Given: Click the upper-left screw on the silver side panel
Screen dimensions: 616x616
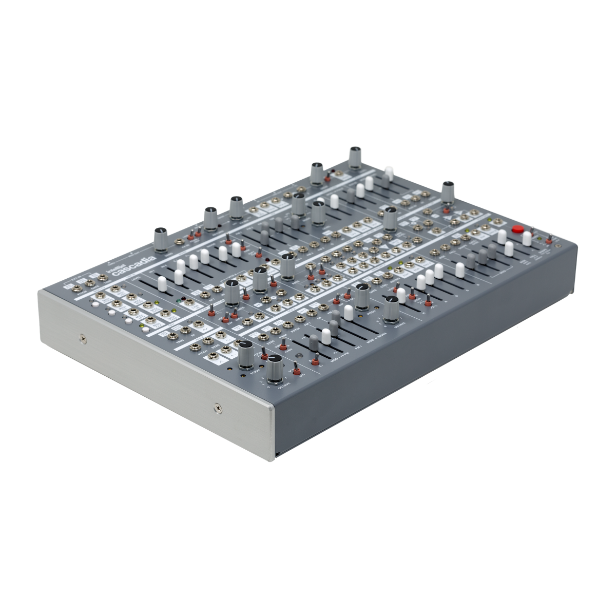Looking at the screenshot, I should pyautogui.click(x=83, y=338).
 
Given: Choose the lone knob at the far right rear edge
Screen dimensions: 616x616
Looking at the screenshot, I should pyautogui.click(x=448, y=190).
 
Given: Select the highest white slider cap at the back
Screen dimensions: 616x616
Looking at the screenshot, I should pyautogui.click(x=389, y=171).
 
